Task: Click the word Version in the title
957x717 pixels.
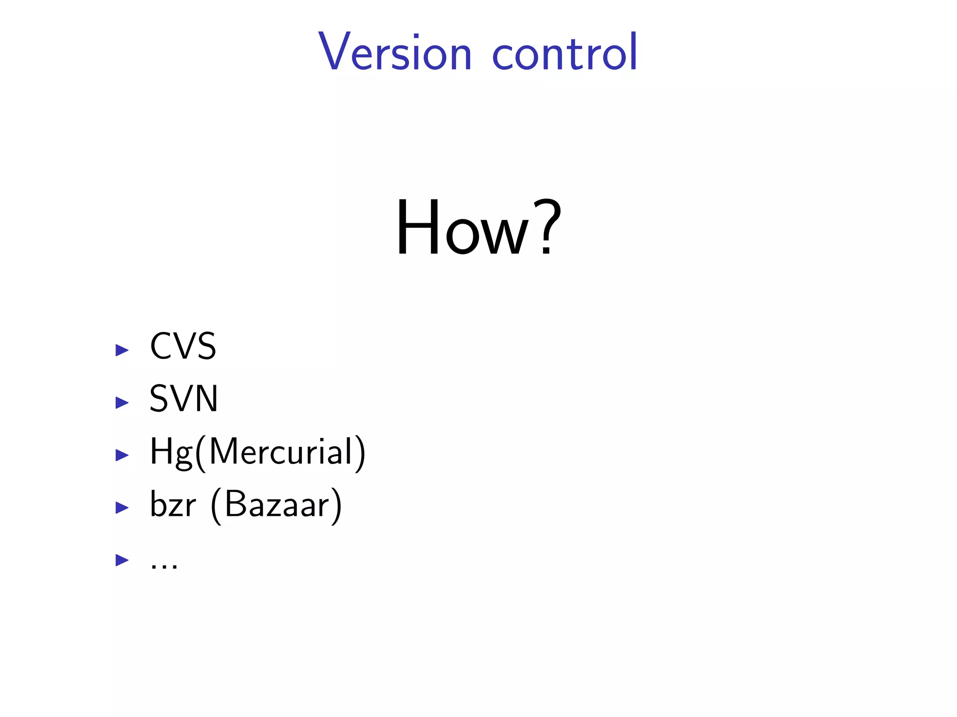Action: point(395,52)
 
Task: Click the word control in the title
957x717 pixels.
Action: point(564,52)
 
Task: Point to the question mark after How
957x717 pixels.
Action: point(547,228)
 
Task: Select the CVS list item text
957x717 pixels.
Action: point(183,346)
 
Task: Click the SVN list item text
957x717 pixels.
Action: point(184,399)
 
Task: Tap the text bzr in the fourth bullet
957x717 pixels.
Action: point(172,505)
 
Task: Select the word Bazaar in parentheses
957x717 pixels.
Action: point(277,505)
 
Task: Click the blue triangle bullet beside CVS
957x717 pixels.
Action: point(122,350)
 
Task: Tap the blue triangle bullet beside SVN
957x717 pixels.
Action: point(122,402)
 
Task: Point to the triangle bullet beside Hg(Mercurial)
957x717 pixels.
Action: point(122,455)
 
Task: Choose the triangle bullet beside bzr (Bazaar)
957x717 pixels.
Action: point(122,507)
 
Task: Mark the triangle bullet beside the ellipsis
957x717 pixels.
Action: point(122,560)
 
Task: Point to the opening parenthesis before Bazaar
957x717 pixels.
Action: point(216,506)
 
